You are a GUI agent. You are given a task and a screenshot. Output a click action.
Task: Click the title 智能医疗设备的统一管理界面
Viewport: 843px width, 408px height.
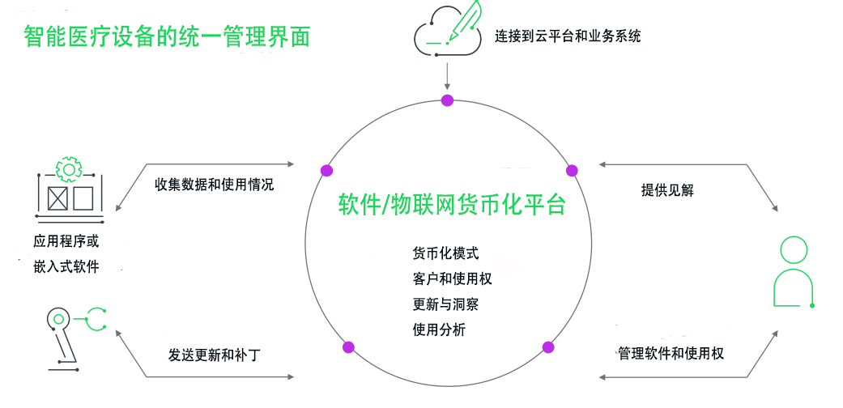[x=167, y=36]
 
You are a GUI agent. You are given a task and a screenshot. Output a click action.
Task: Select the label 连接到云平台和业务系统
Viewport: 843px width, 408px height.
[x=568, y=36]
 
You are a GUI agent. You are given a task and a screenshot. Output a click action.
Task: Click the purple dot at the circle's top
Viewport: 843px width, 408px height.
[x=447, y=100]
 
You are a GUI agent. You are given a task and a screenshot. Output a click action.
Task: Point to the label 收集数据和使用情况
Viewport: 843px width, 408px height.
[x=214, y=185]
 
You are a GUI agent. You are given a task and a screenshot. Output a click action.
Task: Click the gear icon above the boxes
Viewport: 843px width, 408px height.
[x=69, y=168]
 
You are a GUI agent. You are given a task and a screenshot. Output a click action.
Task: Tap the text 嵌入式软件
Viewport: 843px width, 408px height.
[x=66, y=266]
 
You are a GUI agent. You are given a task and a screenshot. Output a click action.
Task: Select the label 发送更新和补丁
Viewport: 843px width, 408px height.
[x=215, y=355]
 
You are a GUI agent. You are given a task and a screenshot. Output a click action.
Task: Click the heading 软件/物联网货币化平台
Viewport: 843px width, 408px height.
[x=451, y=206]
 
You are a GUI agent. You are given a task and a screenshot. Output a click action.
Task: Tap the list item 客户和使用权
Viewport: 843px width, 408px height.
[x=452, y=278]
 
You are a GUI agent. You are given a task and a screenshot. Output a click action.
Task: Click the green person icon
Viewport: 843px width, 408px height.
[x=793, y=273]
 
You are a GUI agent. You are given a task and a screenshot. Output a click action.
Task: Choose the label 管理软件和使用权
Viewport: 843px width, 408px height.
[x=670, y=354]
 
